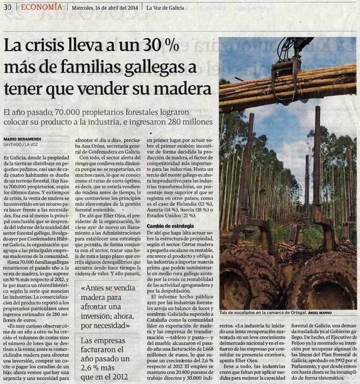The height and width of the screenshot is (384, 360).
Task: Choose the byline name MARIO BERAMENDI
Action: (25, 139)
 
